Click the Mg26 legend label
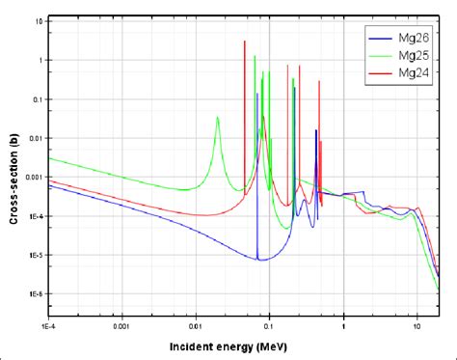416,39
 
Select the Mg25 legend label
416,55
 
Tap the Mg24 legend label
416,72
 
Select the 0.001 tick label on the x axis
122,327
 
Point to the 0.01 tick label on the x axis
196,327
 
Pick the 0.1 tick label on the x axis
270,327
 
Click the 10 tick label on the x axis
417,327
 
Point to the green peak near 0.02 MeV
218,117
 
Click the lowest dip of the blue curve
260,260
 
